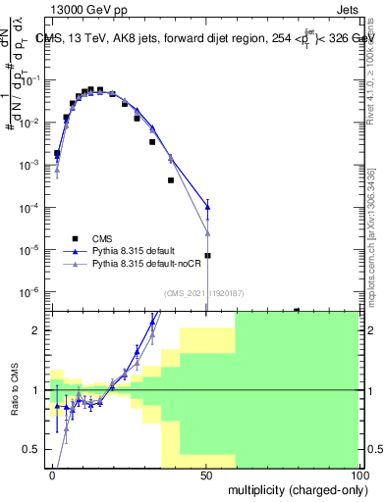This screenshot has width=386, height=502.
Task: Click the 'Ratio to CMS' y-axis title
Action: click(x=14, y=391)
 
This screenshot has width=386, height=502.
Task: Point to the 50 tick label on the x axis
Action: click(x=206, y=476)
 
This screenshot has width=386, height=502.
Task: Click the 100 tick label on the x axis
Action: click(x=358, y=476)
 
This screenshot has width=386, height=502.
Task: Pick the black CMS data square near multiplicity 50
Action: click(x=207, y=256)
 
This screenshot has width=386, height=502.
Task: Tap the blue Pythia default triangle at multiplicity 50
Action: click(x=207, y=206)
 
